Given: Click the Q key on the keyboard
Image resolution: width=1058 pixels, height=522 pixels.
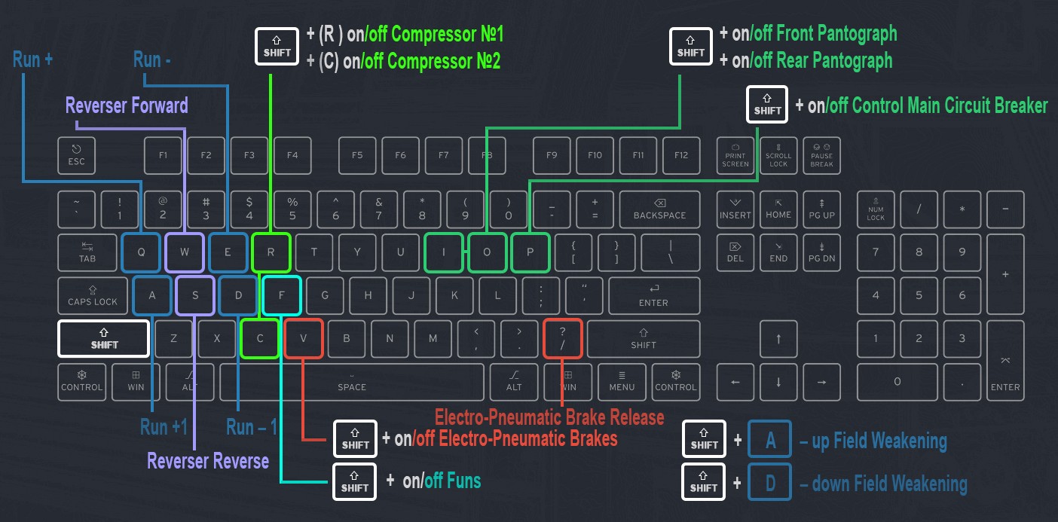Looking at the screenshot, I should coord(141,252).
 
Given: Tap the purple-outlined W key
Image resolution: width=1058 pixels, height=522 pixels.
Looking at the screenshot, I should coord(185,252).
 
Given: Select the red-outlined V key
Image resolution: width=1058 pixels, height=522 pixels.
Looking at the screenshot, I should coord(304,338).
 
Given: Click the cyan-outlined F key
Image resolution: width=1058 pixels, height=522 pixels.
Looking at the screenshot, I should coord(282,295).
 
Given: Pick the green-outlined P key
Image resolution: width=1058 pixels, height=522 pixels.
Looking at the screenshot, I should coord(530,252).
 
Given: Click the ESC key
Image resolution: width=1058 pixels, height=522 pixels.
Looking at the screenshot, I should coord(77,156).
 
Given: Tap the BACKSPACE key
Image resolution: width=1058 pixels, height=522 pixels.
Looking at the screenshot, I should coord(659,209).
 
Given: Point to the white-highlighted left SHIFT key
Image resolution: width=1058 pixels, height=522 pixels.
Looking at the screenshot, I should coord(104,338).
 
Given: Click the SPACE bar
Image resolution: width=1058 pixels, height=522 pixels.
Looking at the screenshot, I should coord(352,382).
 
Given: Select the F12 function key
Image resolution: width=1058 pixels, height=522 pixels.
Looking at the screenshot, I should coord(681,156).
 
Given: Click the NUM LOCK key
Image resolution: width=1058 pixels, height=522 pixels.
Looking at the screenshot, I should coord(876,209).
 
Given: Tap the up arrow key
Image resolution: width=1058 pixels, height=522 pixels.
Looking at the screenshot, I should coord(778,338).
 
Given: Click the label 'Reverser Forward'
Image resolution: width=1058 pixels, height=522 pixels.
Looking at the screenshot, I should coord(127,105).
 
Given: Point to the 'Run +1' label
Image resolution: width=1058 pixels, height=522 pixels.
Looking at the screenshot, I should coord(164,427).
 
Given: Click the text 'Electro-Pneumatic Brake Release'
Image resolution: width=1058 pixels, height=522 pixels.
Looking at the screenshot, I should coord(549,417).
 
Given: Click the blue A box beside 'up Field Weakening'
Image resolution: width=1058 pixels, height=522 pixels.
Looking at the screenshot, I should coord(770,440).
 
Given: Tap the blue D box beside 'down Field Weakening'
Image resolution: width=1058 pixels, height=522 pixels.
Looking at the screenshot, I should coord(770,482).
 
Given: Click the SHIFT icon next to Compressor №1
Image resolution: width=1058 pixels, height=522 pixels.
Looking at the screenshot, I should coord(277,46).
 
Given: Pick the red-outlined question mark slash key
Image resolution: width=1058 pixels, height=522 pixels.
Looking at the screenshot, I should coord(563,338).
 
